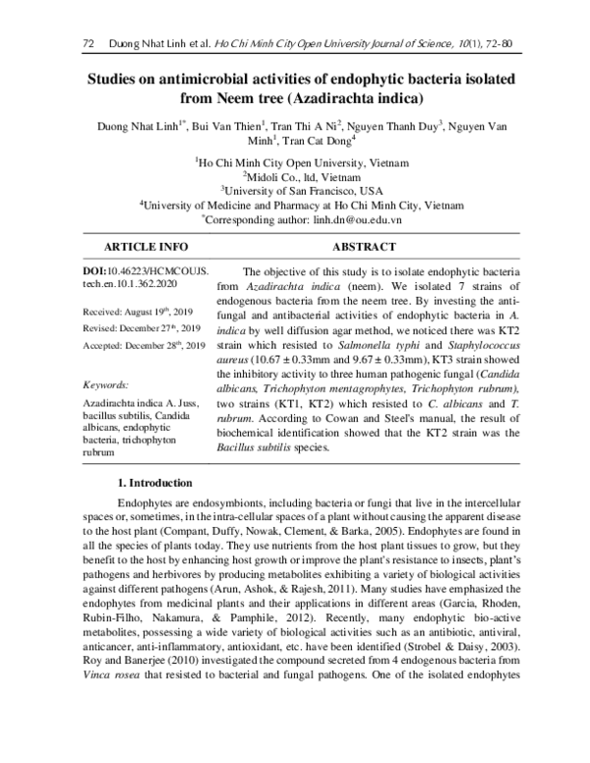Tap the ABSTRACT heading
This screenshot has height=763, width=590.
364,247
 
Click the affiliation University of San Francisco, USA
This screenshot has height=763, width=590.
295,190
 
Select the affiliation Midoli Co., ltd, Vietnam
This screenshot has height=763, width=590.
295,175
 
